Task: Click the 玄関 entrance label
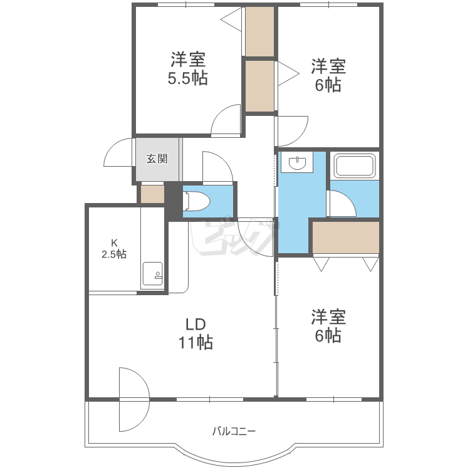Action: (157, 159)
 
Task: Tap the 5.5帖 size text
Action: (187, 78)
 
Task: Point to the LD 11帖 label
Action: (196, 333)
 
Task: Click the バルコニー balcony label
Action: (234, 431)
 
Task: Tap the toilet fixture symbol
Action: (196, 201)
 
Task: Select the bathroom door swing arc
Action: (342, 203)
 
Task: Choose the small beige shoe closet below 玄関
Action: (152, 194)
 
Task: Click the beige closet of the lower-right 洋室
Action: (345, 237)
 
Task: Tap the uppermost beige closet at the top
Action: (259, 31)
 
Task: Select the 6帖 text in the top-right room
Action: (328, 85)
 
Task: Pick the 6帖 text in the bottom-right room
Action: (328, 336)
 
